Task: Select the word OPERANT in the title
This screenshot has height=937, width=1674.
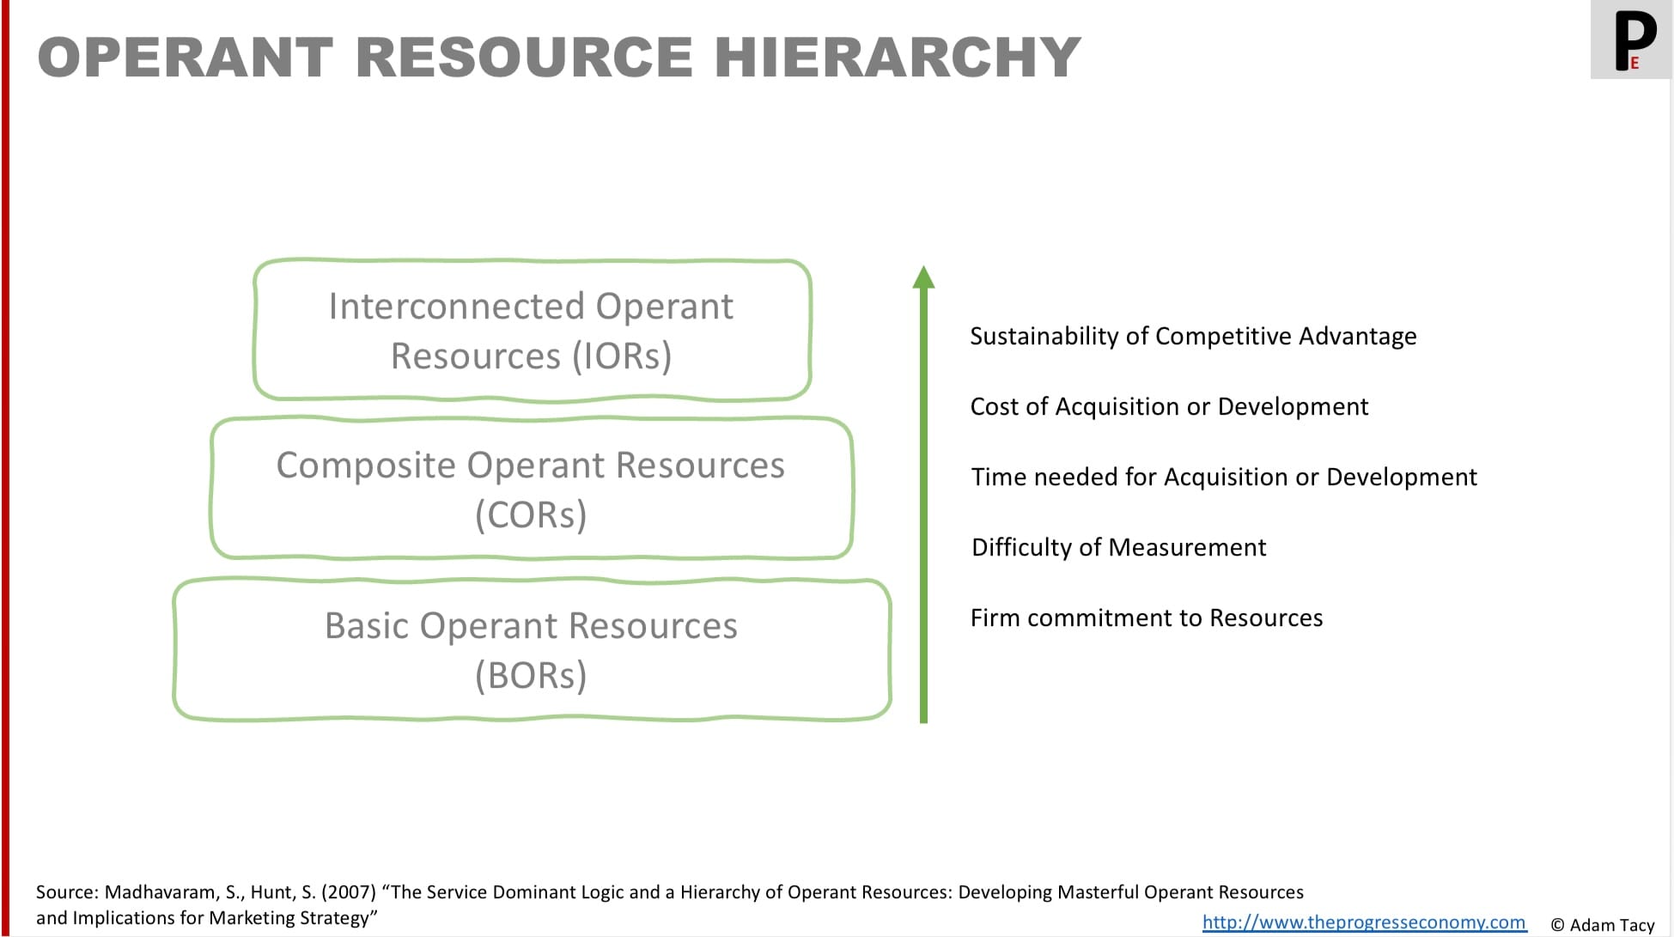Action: tap(186, 57)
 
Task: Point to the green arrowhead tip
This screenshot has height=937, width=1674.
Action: tap(923, 266)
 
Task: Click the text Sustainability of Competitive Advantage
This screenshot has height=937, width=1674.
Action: tap(1193, 336)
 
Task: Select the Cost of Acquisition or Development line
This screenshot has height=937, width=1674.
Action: tap(1169, 406)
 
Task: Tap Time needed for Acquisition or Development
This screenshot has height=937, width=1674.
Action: tap(1224, 477)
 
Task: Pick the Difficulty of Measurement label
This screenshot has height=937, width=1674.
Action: tap(1118, 547)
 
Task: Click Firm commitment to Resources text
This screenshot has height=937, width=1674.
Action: tap(1147, 618)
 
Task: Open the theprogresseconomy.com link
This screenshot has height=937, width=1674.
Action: tap(1364, 922)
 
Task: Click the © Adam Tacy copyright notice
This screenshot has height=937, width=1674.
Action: tap(1602, 925)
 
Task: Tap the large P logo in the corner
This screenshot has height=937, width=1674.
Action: tap(1635, 40)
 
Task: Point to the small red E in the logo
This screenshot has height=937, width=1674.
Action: tap(1634, 63)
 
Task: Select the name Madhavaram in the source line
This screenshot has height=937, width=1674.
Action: tap(161, 892)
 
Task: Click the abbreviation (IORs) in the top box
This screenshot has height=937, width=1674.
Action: tap(622, 356)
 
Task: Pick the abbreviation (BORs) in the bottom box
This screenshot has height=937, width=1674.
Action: tap(531, 676)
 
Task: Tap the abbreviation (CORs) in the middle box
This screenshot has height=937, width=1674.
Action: tap(531, 514)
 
